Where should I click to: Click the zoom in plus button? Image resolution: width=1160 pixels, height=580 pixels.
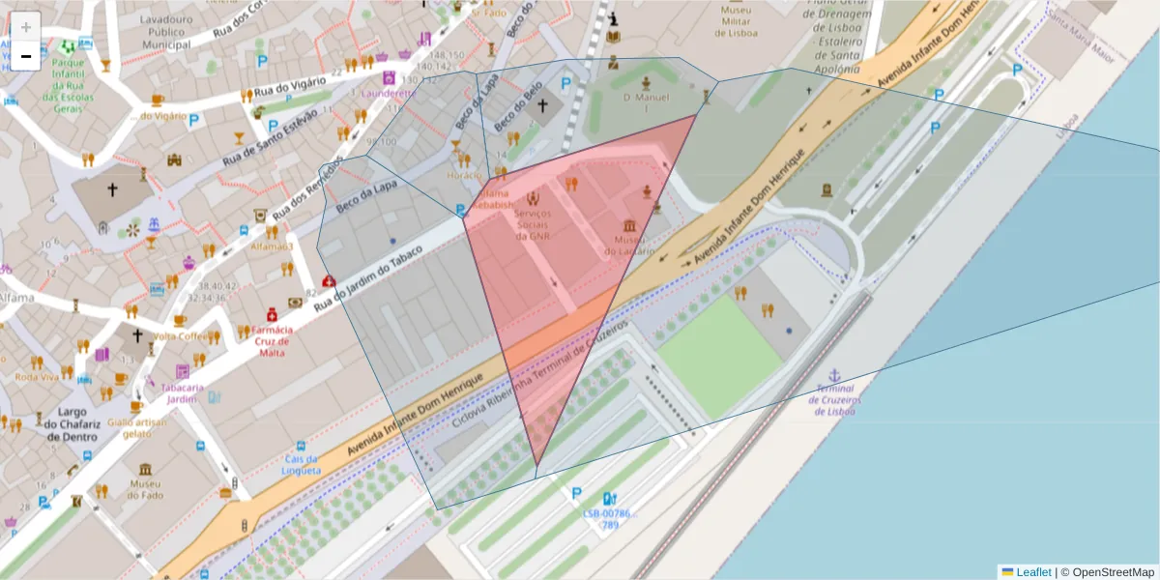[x=26, y=27]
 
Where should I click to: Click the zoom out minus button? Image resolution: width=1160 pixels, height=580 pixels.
[x=26, y=56]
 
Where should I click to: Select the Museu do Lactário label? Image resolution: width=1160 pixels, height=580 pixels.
[x=629, y=246]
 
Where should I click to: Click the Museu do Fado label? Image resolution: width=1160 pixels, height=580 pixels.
[x=143, y=490]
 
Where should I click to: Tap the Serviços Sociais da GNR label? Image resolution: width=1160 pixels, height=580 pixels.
[x=533, y=224]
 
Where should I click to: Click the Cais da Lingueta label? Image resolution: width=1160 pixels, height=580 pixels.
[x=302, y=465]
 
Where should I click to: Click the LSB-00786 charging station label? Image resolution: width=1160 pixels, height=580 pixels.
[x=608, y=519]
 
